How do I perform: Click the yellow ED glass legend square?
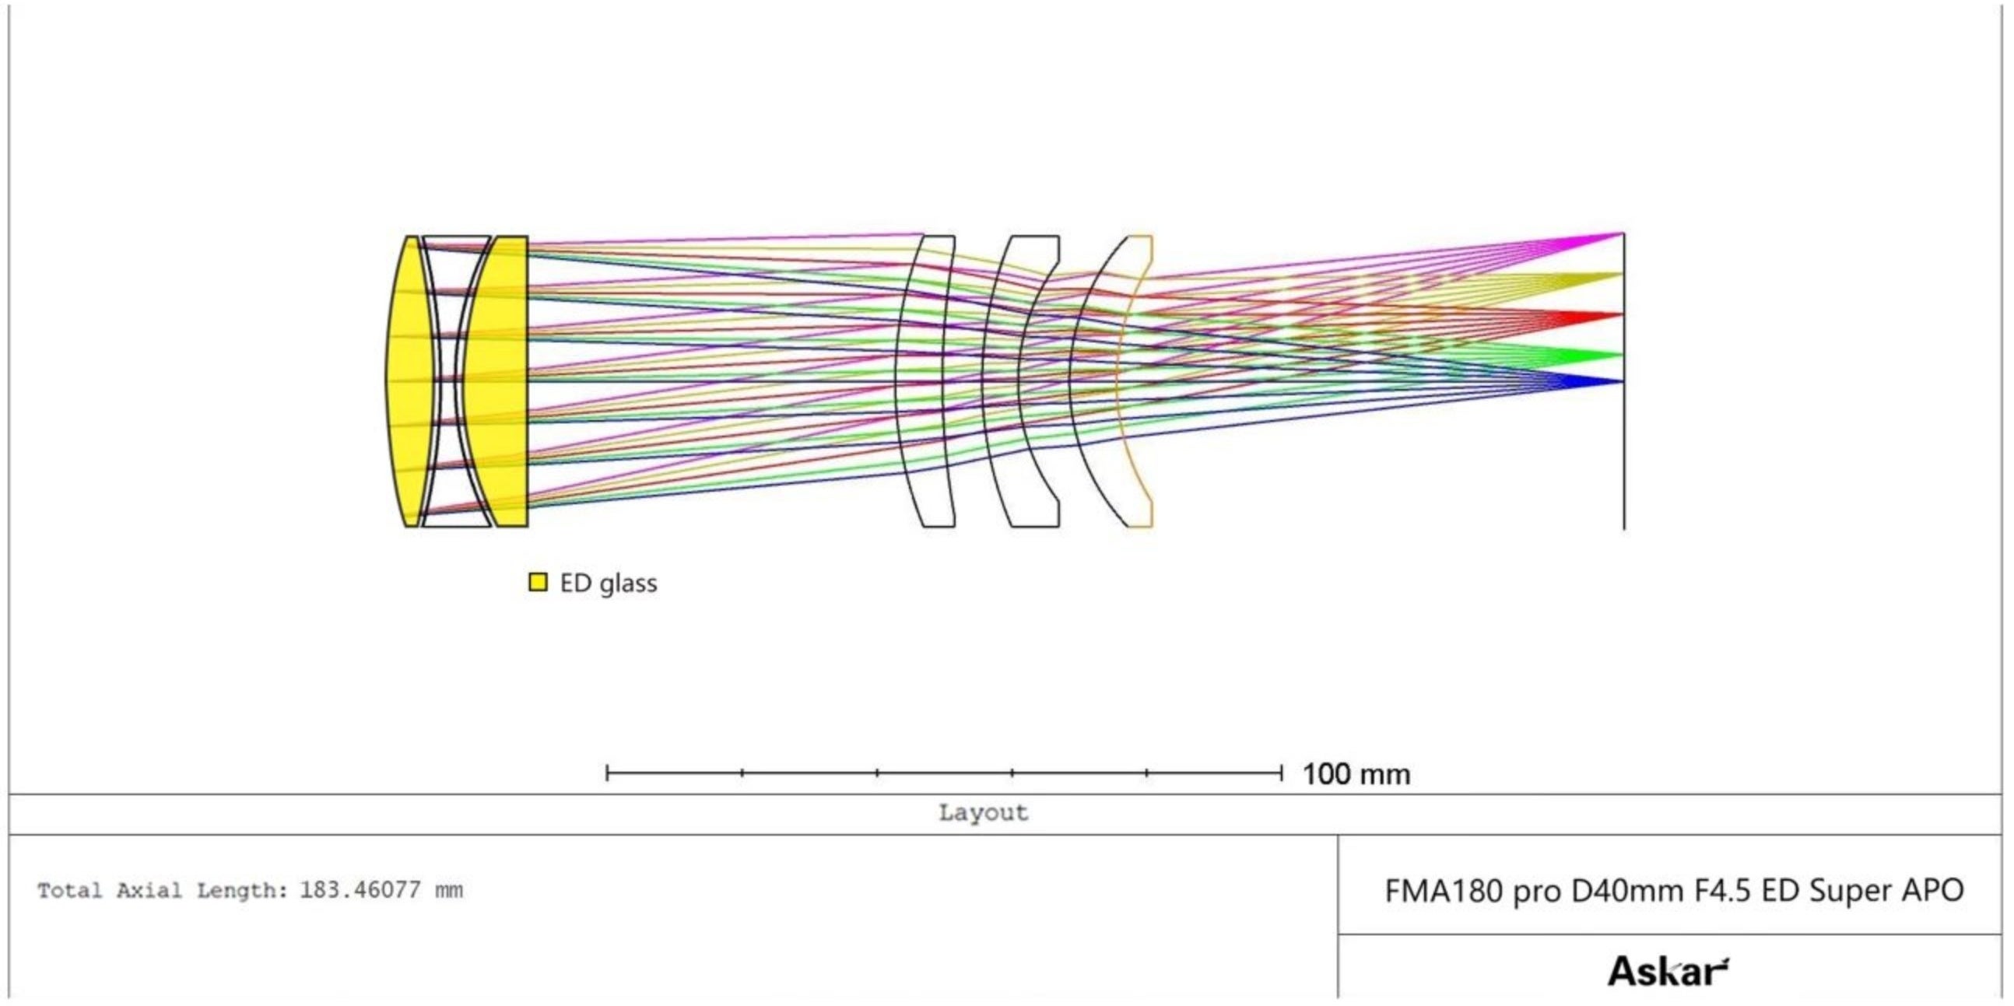point(538,582)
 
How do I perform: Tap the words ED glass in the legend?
point(609,583)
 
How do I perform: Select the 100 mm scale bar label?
point(1356,775)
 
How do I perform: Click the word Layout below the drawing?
point(983,813)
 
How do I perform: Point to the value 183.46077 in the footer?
point(360,890)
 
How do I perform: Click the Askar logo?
point(1668,972)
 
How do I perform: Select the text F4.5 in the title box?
point(1725,890)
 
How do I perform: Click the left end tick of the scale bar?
point(608,774)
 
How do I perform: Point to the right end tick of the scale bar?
point(1282,774)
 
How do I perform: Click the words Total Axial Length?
point(163,890)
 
